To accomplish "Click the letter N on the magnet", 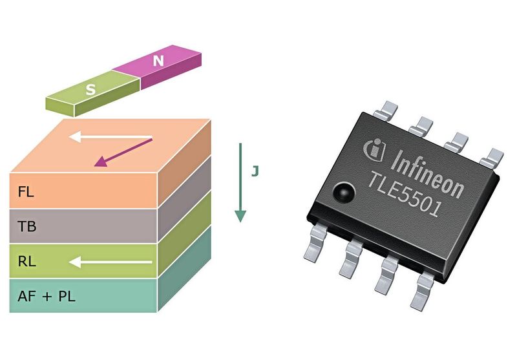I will point(158,61).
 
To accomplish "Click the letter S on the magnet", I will point(91,90).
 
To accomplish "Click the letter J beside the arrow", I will point(255,172).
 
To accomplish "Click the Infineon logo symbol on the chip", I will point(374,148).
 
